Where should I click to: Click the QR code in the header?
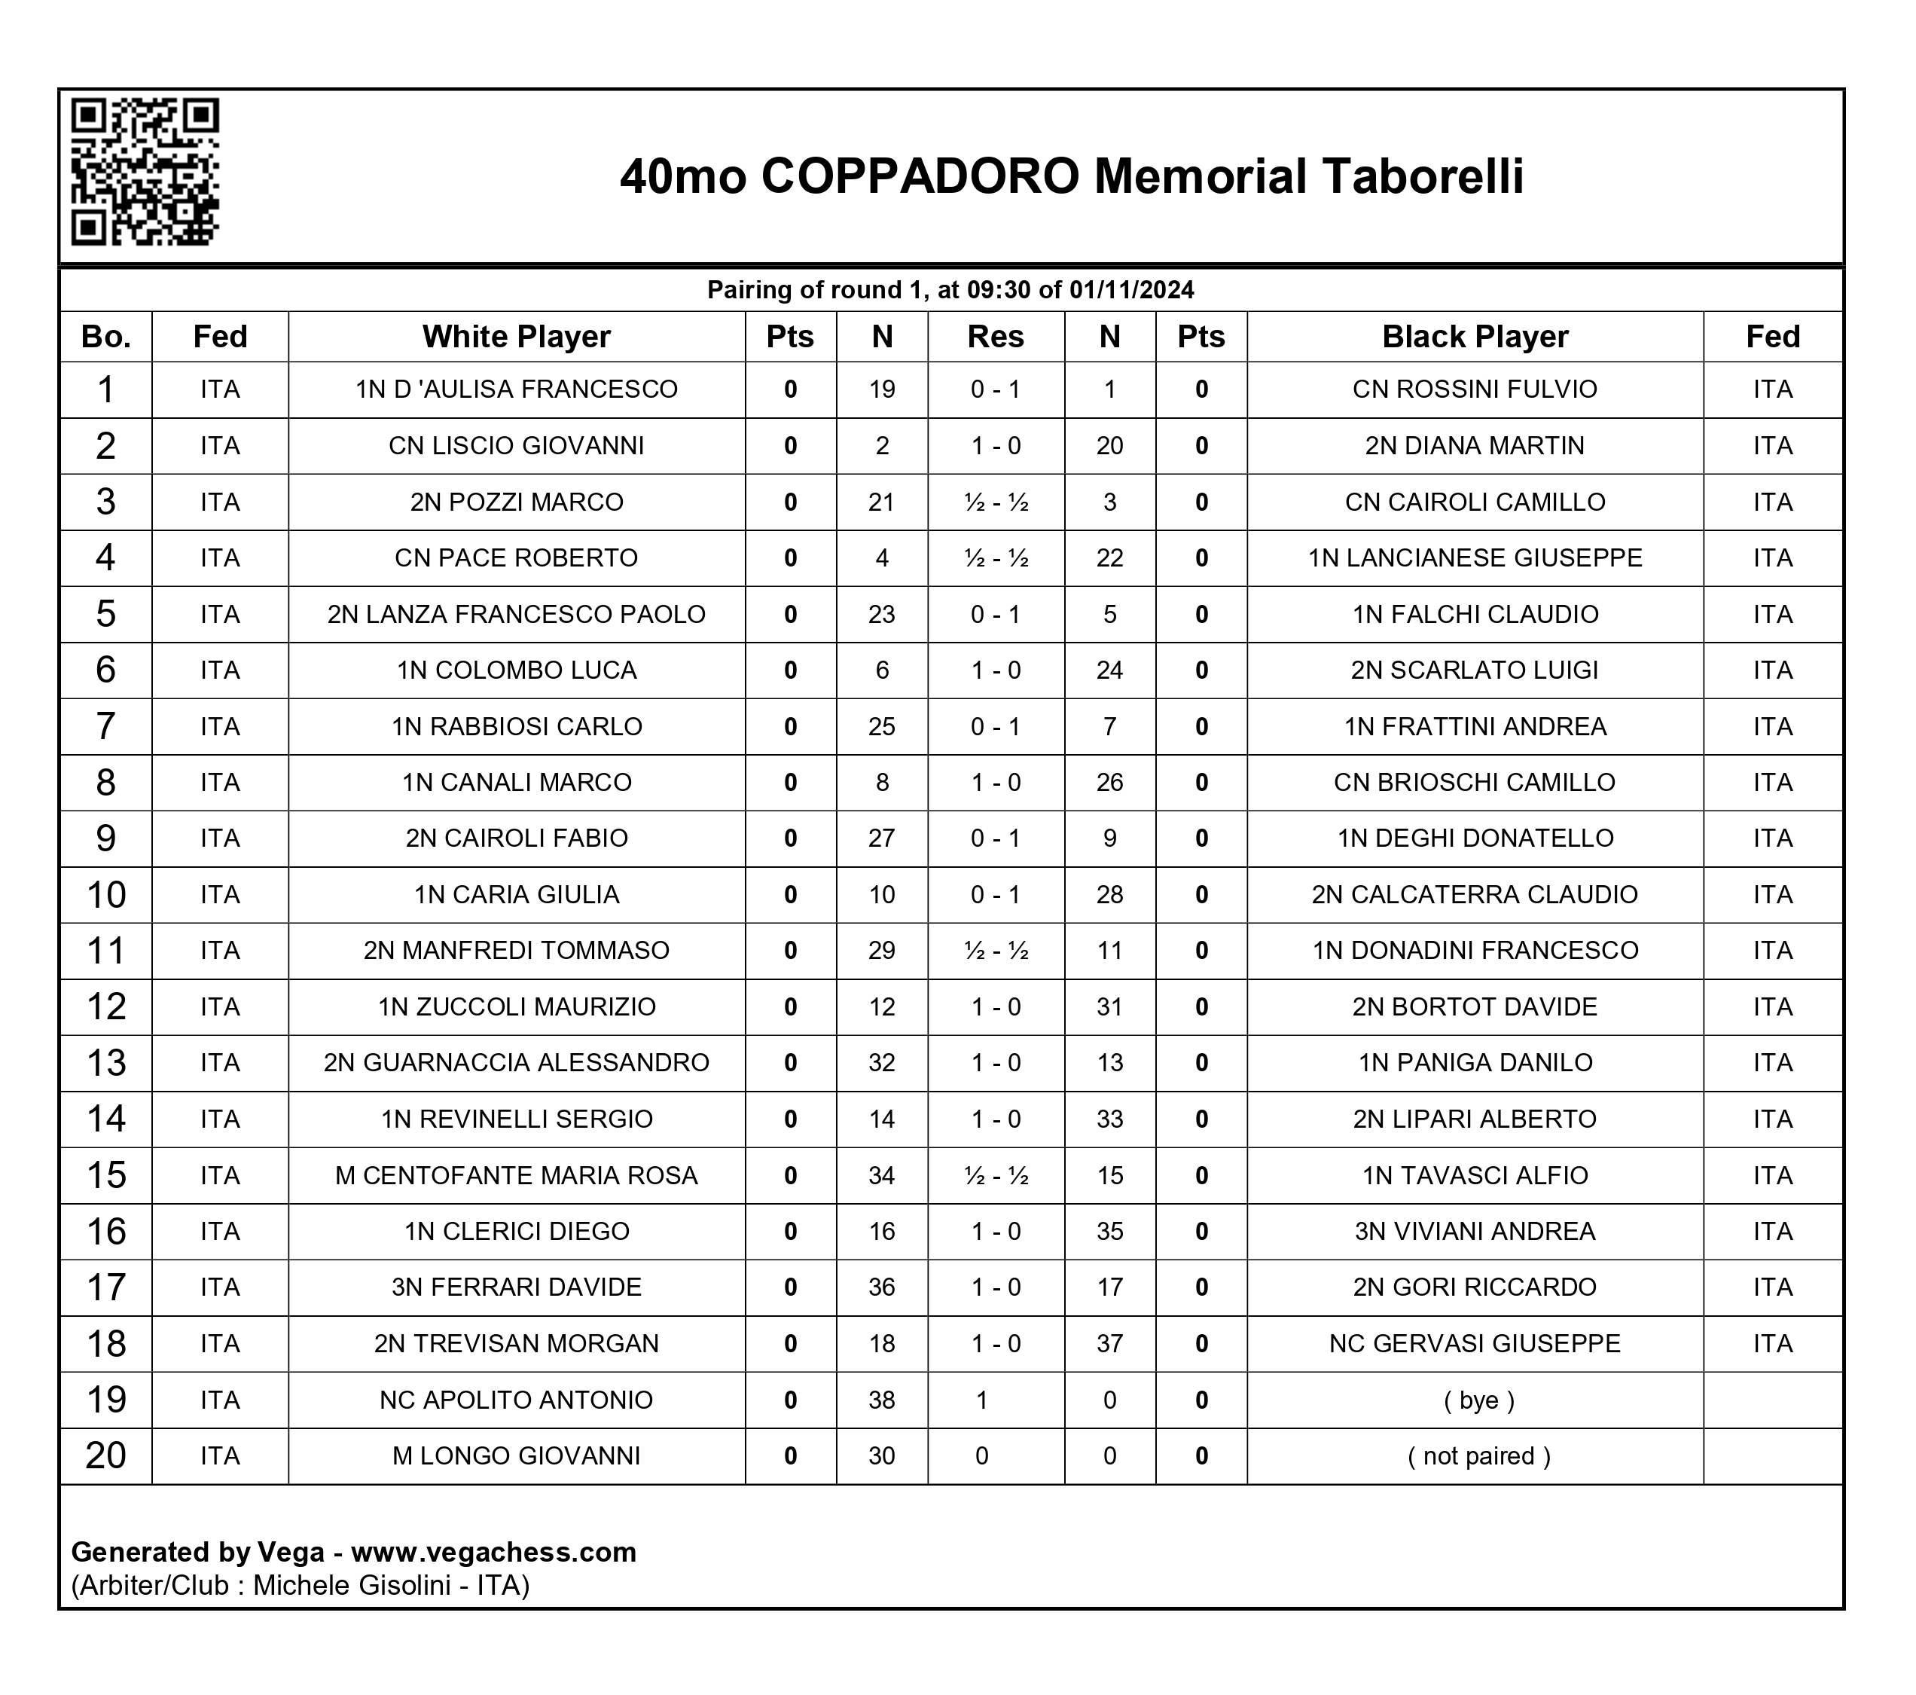145,172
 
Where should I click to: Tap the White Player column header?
516,337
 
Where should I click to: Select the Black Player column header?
1475,337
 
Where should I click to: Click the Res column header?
996,337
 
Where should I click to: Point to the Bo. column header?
106,337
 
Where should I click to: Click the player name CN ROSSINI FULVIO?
1475,389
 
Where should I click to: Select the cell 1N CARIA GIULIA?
517,894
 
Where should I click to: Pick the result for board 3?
996,502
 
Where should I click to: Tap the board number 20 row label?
106,1456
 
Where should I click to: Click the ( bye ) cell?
1478,1400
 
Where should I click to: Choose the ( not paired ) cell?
1478,1456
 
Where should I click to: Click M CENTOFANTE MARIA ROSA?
517,1176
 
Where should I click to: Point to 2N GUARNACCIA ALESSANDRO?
517,1062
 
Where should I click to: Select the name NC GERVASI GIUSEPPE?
1475,1343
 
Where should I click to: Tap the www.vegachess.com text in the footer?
493,1553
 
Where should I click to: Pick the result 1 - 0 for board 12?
996,1007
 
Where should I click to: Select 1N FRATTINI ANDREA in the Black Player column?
1475,726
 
